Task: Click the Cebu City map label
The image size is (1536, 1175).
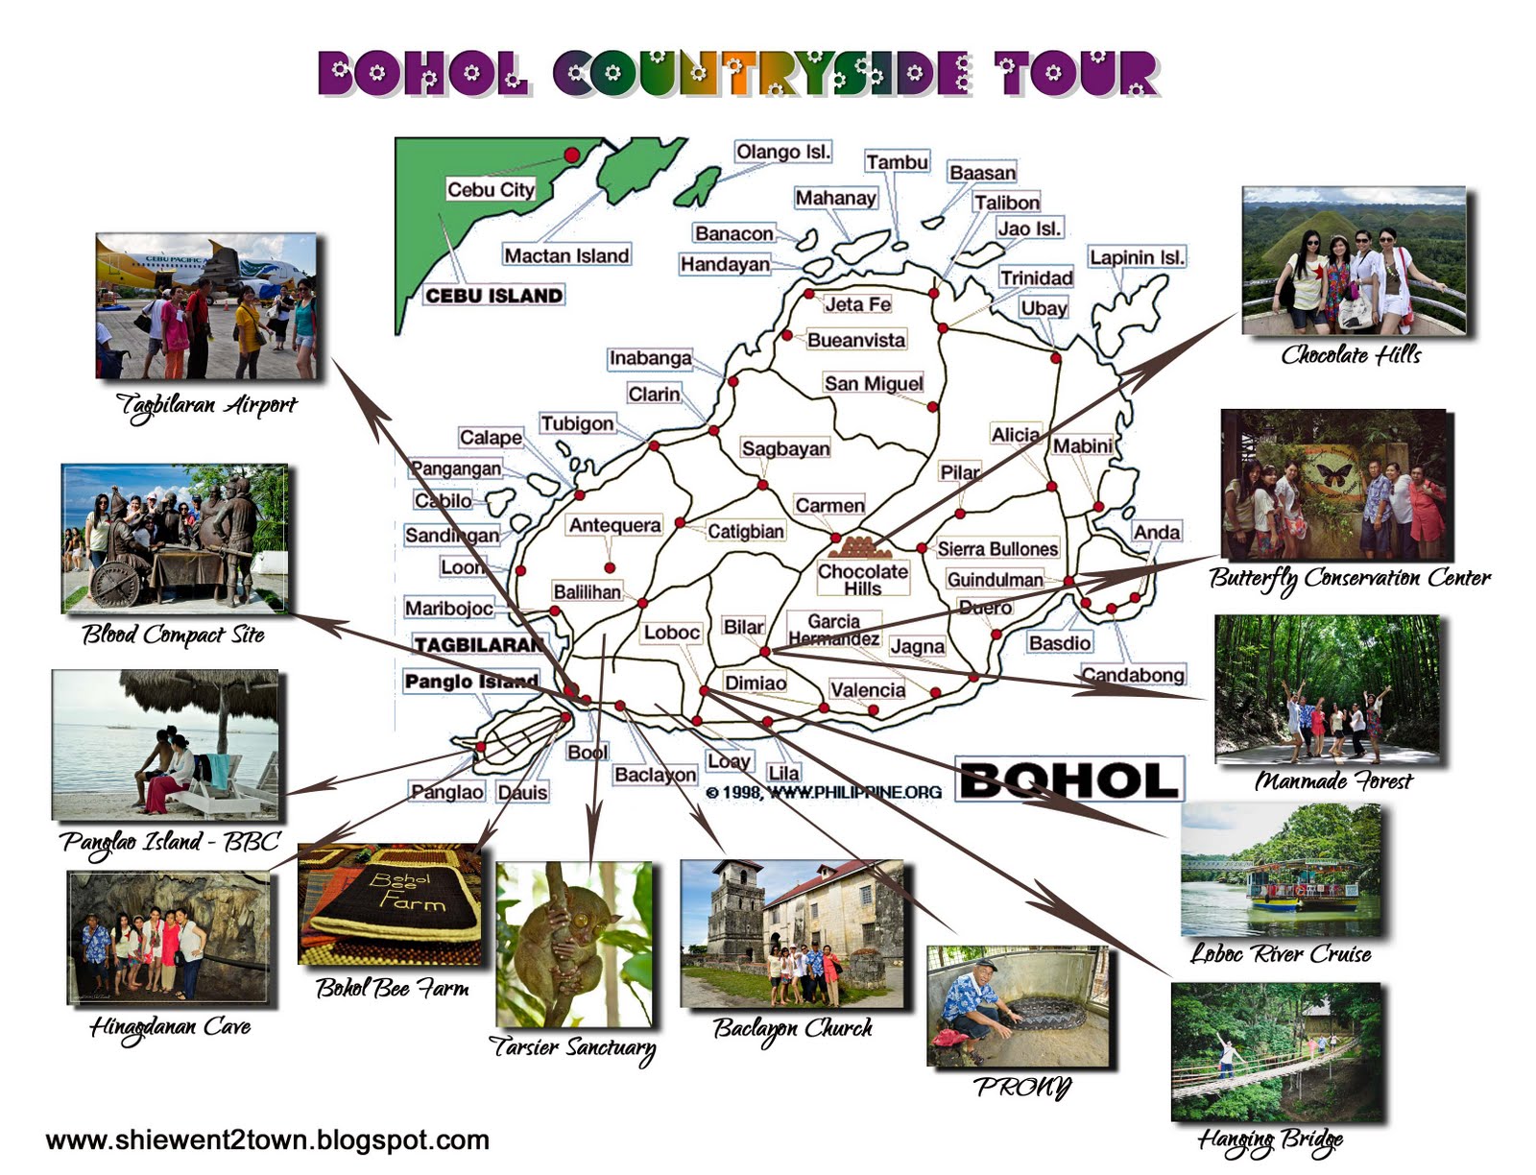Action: click(490, 189)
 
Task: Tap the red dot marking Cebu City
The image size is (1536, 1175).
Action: click(572, 155)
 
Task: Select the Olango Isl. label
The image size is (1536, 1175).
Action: click(782, 152)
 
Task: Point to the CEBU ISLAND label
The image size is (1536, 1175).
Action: click(493, 295)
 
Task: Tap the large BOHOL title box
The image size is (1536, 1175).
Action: click(1068, 779)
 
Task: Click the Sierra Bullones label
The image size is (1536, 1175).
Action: click(997, 548)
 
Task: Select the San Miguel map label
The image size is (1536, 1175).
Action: click(873, 383)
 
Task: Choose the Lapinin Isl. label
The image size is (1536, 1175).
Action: click(1137, 257)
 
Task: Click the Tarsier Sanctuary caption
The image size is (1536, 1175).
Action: click(572, 1046)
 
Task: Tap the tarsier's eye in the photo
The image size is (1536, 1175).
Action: click(580, 919)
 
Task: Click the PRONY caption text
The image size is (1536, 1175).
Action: click(1021, 1087)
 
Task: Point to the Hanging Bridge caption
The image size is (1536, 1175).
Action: click(1269, 1140)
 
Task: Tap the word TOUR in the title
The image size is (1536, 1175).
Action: click(1075, 73)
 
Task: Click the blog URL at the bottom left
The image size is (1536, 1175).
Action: click(267, 1139)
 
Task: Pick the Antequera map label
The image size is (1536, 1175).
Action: click(614, 525)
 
